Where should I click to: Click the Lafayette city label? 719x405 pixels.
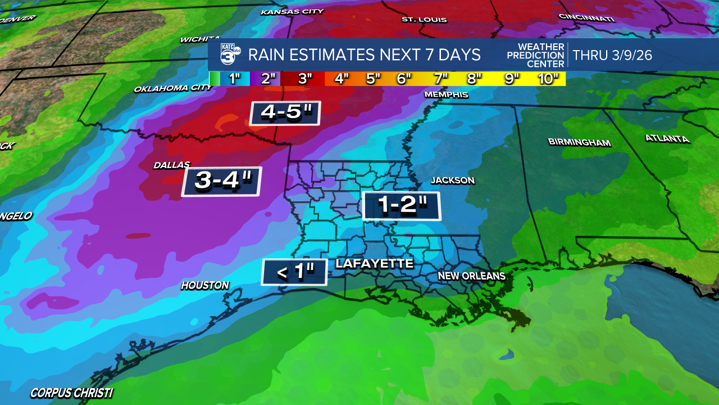pyautogui.click(x=374, y=263)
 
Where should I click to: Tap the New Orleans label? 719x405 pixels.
pyautogui.click(x=472, y=276)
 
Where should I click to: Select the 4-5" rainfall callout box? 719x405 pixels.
pyautogui.click(x=285, y=113)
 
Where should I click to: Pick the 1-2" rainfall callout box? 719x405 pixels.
pyautogui.click(x=401, y=206)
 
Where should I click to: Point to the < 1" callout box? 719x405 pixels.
pyautogui.click(x=294, y=272)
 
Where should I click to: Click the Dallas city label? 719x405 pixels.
pyautogui.click(x=172, y=165)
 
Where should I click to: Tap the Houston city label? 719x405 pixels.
pyautogui.click(x=205, y=286)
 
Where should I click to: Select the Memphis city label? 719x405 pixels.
pyautogui.click(x=446, y=94)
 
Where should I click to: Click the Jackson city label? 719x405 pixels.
pyautogui.click(x=453, y=181)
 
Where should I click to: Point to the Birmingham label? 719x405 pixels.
pyautogui.click(x=579, y=142)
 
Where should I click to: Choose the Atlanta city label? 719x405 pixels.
pyautogui.click(x=667, y=138)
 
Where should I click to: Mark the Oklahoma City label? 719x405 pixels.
pyautogui.click(x=173, y=88)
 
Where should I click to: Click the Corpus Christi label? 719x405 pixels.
pyautogui.click(x=71, y=393)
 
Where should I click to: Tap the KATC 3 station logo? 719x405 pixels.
pyautogui.click(x=230, y=55)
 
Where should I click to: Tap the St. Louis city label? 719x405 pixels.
pyautogui.click(x=424, y=20)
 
